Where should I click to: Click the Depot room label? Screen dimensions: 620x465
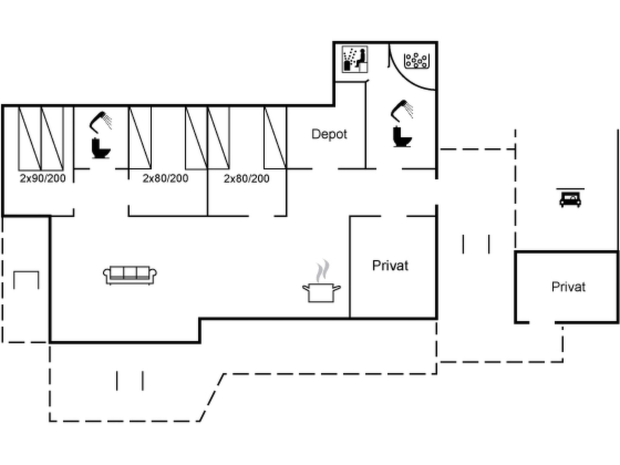329,134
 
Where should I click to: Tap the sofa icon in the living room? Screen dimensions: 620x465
130,275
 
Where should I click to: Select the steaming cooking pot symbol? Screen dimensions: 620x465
322,281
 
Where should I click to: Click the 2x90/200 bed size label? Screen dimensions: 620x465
43,178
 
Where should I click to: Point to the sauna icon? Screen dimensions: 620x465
355,59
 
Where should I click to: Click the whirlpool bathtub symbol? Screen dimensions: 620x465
417,61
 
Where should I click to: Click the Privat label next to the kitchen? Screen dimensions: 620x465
390,265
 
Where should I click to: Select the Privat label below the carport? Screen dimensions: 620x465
568,287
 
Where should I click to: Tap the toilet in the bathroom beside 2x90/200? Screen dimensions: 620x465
101,148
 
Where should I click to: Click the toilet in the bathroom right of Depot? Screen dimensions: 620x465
402,137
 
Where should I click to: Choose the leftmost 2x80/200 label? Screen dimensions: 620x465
166,178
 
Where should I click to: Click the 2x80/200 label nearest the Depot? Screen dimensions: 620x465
246,179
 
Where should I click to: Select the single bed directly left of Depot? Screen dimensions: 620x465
275,138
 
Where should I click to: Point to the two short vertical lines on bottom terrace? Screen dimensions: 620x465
130,381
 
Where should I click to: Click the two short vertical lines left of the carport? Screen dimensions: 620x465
476,244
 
